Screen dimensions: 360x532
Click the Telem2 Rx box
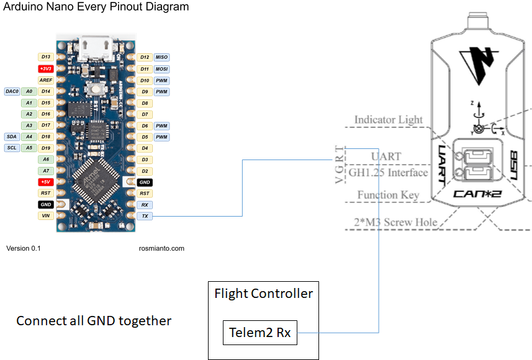pos(260,333)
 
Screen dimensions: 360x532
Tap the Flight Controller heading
pos(263,294)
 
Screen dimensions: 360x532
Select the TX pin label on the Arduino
pos(145,215)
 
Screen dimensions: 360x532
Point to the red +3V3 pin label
pos(45,69)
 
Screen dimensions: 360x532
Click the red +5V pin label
pos(45,182)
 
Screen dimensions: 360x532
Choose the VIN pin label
pos(45,215)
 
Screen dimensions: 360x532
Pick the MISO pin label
pos(161,57)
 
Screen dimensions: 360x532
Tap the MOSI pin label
pos(161,69)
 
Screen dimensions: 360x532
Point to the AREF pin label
pos(45,80)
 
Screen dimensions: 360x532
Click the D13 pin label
pos(45,57)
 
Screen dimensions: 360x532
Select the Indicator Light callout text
pos(388,120)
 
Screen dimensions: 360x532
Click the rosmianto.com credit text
pos(161,248)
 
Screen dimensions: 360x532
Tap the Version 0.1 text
pos(27,248)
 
